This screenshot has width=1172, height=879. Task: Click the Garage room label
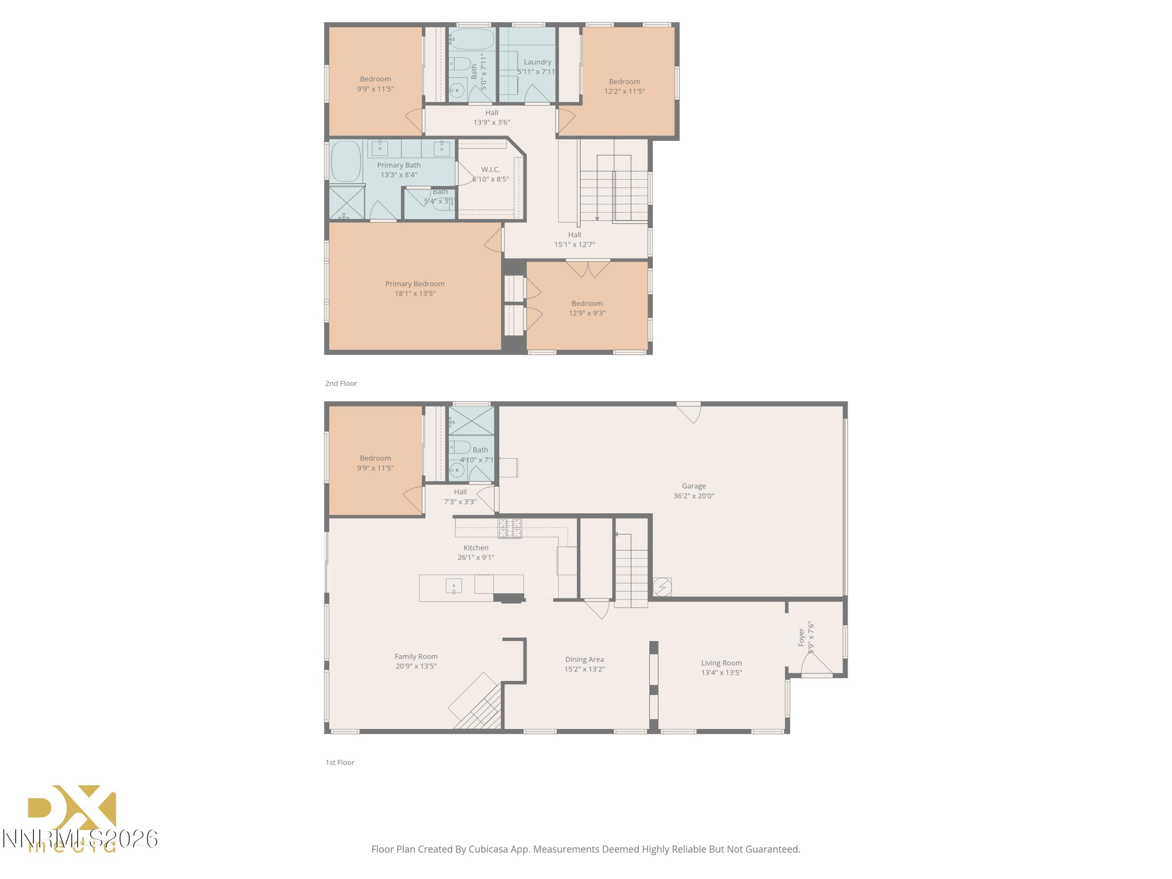pos(693,486)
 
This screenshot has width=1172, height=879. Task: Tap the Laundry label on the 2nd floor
pos(537,62)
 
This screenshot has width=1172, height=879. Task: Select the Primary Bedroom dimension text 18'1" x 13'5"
pos(415,293)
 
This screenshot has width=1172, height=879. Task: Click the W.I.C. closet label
pos(490,170)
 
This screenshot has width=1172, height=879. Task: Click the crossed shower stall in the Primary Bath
pos(347,202)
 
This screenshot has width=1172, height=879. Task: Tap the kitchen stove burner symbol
pos(510,528)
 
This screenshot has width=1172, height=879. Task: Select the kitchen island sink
pos(454,586)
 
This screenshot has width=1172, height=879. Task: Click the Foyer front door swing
pos(816,665)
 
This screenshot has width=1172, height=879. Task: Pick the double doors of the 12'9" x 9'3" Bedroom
pos(588,269)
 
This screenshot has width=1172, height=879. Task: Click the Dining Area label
pos(584,660)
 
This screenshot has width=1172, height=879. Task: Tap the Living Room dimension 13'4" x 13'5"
pos(721,673)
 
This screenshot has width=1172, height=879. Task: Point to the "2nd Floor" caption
pos(341,384)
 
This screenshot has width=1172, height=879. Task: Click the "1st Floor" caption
pos(339,763)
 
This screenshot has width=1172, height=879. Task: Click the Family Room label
pos(416,656)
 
